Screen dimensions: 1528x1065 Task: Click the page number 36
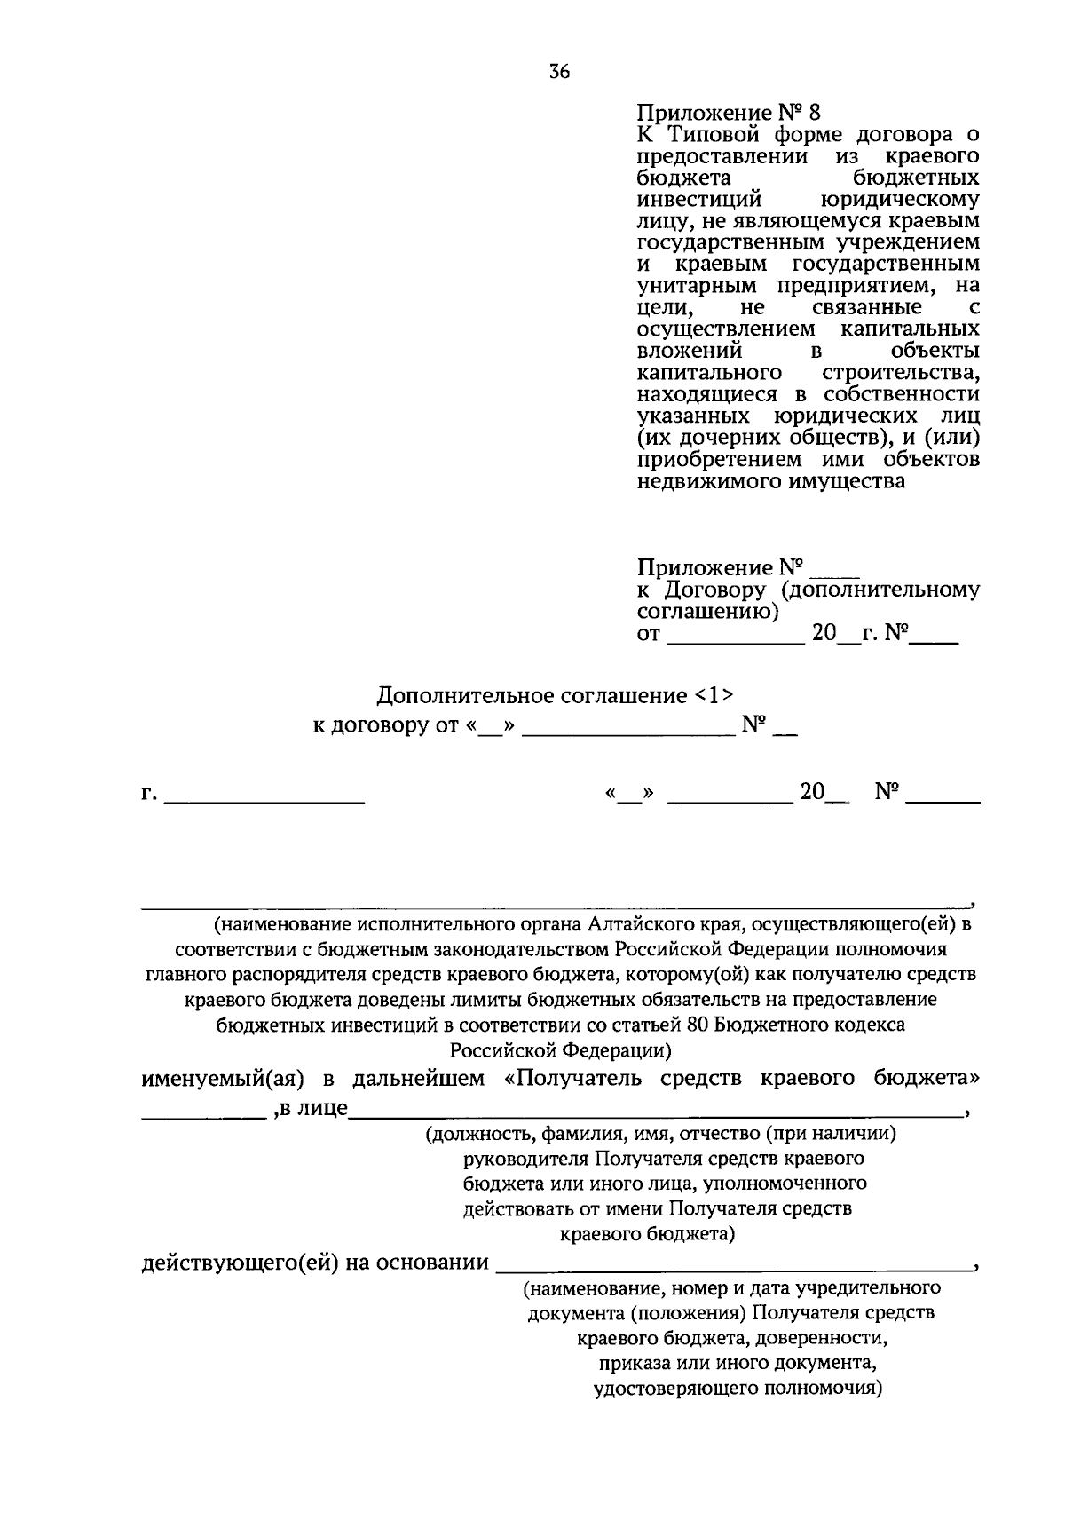pyautogui.click(x=559, y=73)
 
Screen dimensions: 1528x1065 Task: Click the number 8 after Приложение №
pyautogui.click(x=815, y=113)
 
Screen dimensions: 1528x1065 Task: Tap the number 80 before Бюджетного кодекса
pyautogui.click(x=696, y=1024)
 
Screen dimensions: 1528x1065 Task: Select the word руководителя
pyautogui.click(x=526, y=1159)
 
